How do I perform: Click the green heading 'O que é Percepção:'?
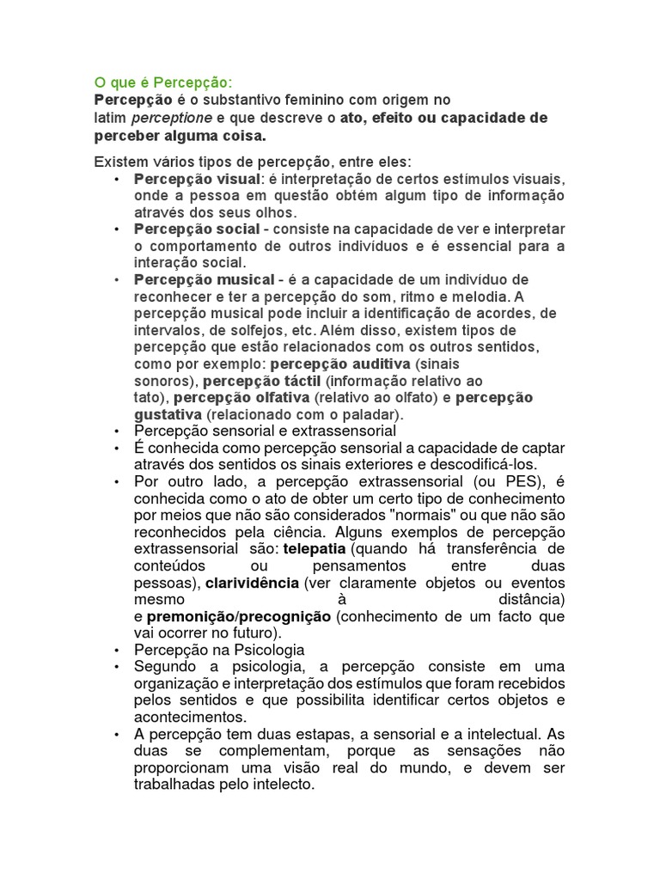pos(163,83)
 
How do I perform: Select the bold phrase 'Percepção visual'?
pos(197,179)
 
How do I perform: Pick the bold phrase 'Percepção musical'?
pos(204,280)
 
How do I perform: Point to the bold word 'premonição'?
pos(191,616)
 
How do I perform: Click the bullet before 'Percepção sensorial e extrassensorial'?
pos(116,431)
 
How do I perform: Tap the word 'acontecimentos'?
pos(191,717)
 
